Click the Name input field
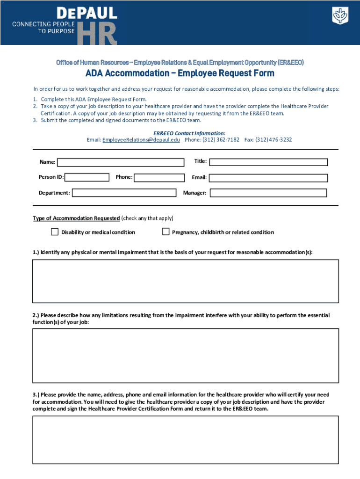click(x=121, y=162)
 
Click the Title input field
click(x=268, y=162)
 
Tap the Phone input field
click(x=159, y=178)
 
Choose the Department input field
click(x=124, y=193)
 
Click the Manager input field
click(x=268, y=193)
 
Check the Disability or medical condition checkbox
click(x=55, y=232)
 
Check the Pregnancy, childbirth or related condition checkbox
click(x=166, y=232)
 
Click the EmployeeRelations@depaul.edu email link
click(x=141, y=140)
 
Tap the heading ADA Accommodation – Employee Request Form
click(x=180, y=73)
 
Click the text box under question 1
click(x=185, y=281)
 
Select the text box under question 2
click(x=185, y=356)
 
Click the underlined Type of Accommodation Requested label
click(x=76, y=218)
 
